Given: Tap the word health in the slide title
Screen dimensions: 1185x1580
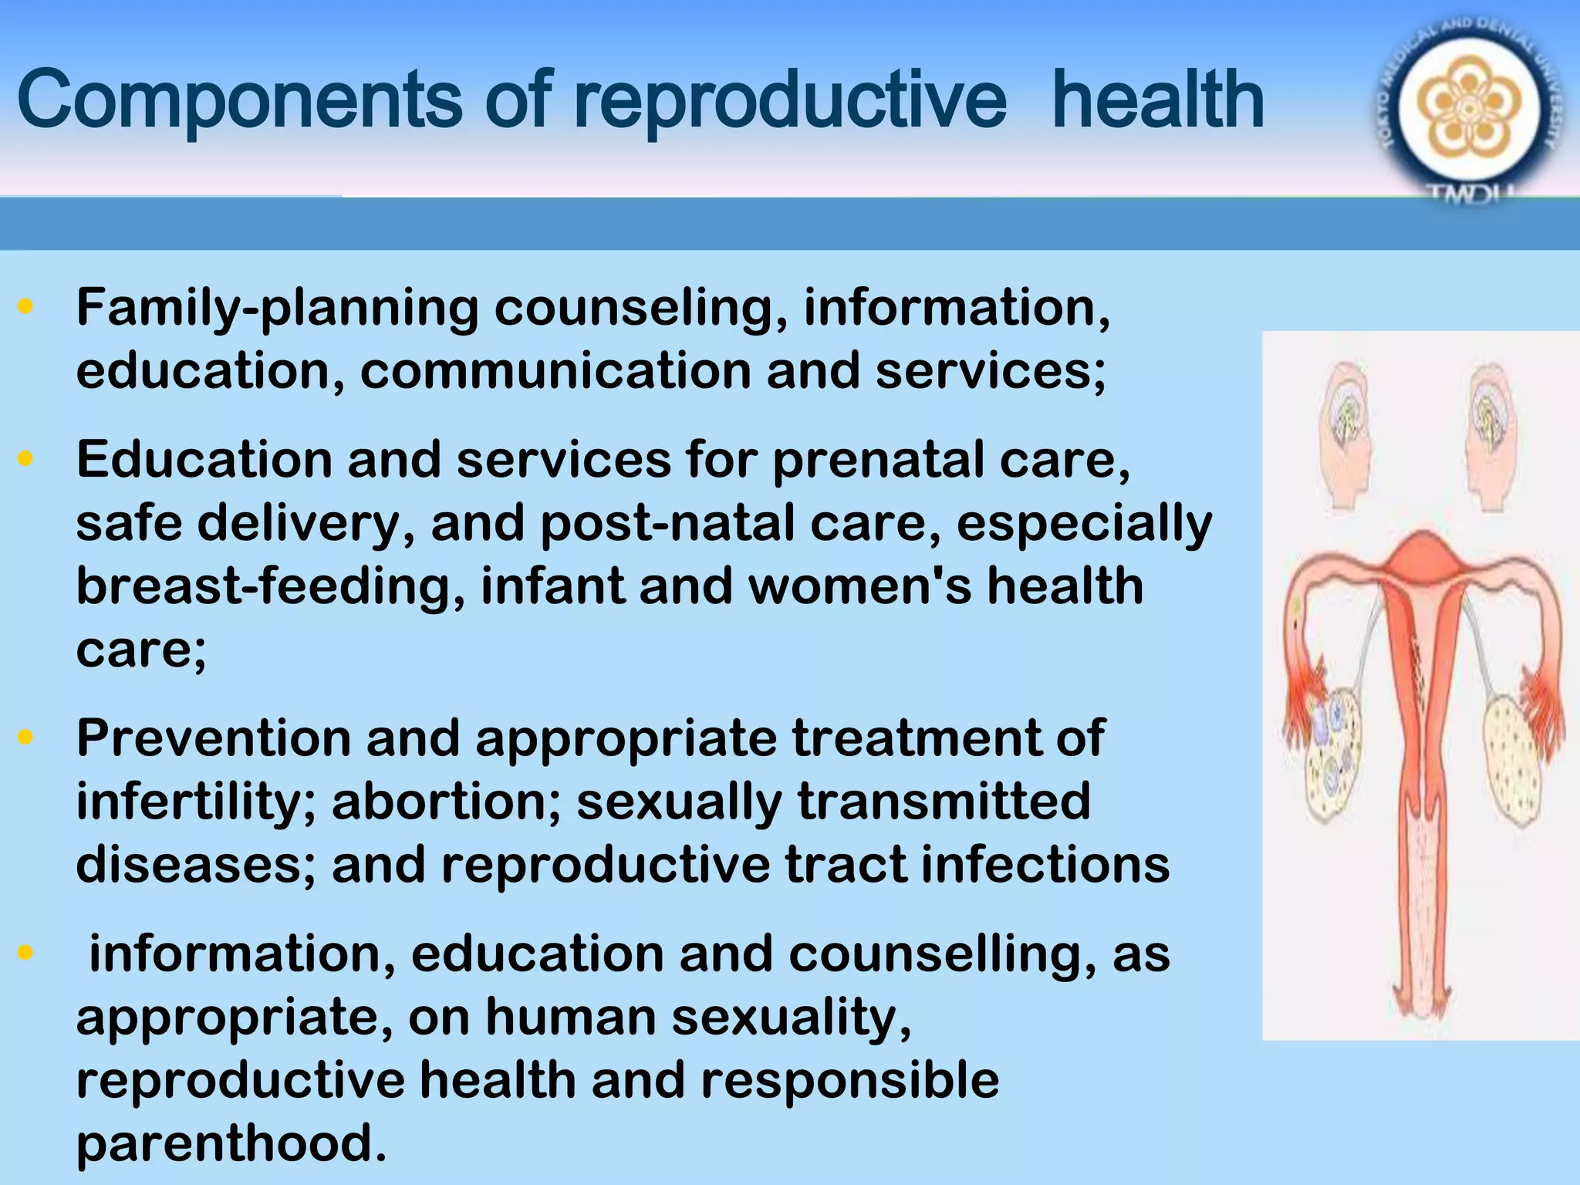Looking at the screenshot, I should click(x=1157, y=100).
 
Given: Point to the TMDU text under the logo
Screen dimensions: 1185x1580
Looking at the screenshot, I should click(x=1470, y=195).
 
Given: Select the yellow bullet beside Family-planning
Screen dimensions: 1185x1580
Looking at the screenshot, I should click(x=26, y=307).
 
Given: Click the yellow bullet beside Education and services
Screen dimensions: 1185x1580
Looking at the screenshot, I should click(x=26, y=459).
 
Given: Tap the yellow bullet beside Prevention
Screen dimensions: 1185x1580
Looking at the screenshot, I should click(x=26, y=737).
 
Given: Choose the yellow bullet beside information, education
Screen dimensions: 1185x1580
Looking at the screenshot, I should click(x=26, y=953).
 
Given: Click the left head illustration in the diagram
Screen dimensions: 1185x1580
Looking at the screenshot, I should click(x=1346, y=436).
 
